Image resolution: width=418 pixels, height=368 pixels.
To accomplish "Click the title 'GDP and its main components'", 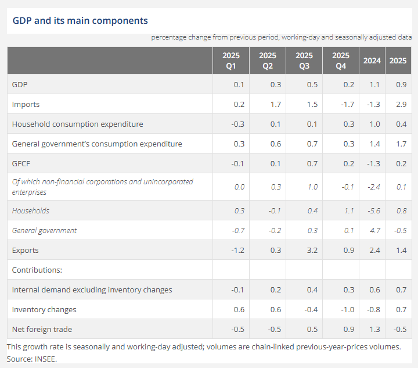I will click(x=80, y=21).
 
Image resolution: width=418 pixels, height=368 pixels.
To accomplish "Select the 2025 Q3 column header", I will click(x=304, y=60).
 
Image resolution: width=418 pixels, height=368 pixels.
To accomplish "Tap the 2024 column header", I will click(x=372, y=60).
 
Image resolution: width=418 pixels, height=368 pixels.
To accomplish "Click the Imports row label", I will click(x=26, y=105).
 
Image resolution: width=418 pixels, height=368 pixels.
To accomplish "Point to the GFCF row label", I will click(x=21, y=164).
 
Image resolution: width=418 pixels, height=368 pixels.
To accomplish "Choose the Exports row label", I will click(x=26, y=251).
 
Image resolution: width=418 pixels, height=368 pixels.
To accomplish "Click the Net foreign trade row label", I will click(x=42, y=330).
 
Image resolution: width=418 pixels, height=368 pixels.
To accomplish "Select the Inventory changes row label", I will click(x=44, y=310).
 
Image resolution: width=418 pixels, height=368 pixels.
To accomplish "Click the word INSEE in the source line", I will click(x=45, y=359).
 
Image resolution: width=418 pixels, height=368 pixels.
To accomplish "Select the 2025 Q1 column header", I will click(x=230, y=60).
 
